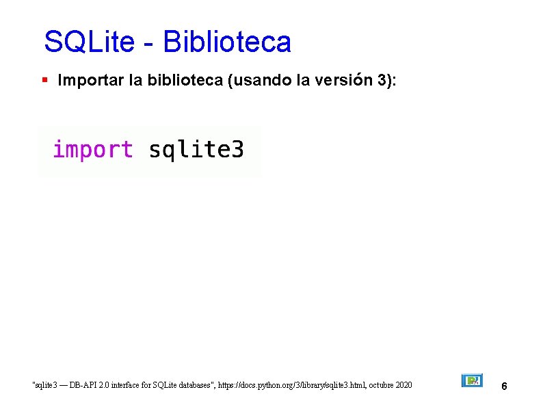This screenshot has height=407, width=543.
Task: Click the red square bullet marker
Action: click(44, 81)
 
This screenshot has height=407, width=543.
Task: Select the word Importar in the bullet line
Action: click(90, 81)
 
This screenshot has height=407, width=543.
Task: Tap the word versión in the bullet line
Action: click(344, 81)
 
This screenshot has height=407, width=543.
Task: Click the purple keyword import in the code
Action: click(93, 149)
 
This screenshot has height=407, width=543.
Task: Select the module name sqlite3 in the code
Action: click(196, 149)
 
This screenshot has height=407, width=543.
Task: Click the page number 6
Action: click(504, 386)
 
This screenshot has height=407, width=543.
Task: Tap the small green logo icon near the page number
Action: click(472, 380)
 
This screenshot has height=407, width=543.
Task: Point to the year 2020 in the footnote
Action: click(403, 386)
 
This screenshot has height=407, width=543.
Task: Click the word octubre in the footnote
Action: click(379, 386)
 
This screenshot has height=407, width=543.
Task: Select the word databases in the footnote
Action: click(196, 386)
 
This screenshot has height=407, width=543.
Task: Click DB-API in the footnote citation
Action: click(82, 386)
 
